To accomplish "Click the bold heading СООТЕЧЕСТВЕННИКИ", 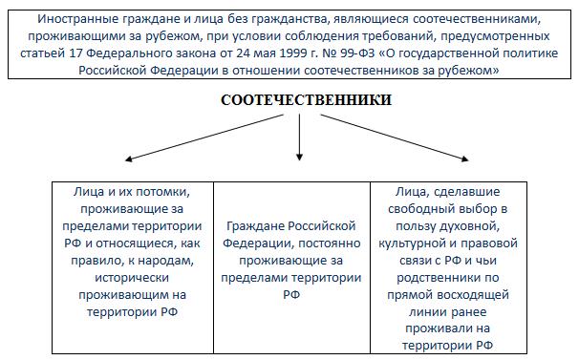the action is click(306, 100).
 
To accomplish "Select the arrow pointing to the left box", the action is click(204, 138).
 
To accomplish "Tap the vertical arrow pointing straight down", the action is click(299, 138).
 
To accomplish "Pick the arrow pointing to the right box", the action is click(395, 138).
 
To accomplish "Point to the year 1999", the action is click(293, 53).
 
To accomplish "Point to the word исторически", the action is click(132, 278).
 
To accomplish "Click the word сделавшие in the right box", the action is click(467, 192).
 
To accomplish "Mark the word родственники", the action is click(438, 278).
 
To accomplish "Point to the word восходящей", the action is click(473, 295).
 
